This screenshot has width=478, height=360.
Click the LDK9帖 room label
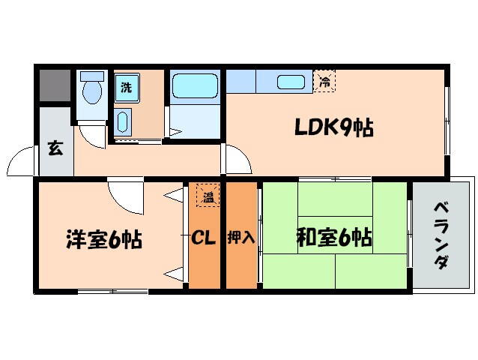click(333, 128)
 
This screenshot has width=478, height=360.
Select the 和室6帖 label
click(334, 238)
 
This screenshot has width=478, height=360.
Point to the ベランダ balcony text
click(441, 235)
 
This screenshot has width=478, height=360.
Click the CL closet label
click(203, 239)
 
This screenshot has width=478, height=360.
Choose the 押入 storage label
click(241, 239)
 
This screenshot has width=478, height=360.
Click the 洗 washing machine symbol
click(127, 87)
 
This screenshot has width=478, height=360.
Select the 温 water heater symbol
click(207, 196)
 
